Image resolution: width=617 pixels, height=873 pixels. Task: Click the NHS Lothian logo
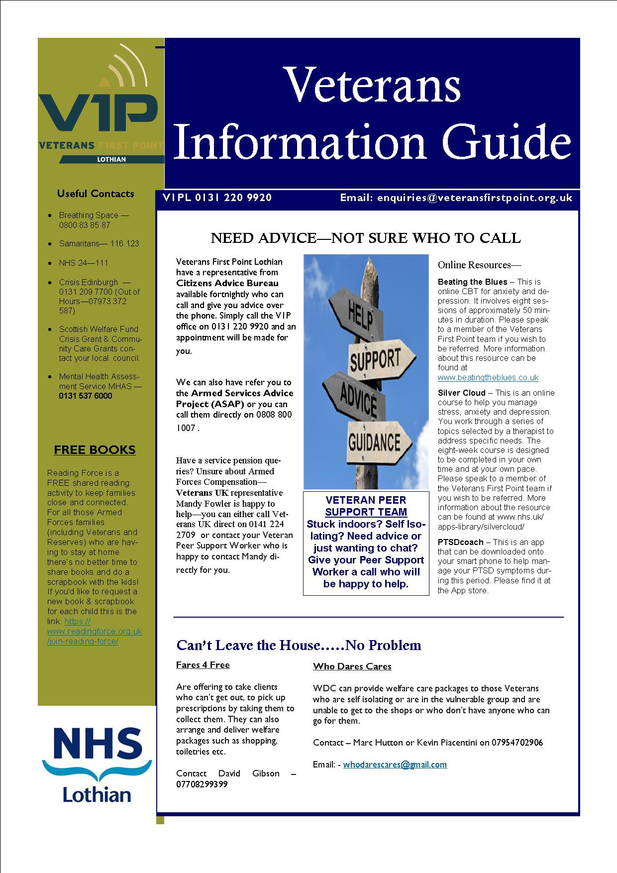pyautogui.click(x=97, y=764)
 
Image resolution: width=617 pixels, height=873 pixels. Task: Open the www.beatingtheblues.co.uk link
pyautogui.click(x=488, y=377)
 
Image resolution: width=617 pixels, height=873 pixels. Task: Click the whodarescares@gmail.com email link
pyautogui.click(x=395, y=764)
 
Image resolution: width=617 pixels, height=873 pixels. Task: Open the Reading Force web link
pyautogui.click(x=95, y=631)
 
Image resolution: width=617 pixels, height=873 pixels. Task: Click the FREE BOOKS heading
pyautogui.click(x=95, y=449)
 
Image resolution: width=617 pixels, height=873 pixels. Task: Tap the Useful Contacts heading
pyautogui.click(x=96, y=194)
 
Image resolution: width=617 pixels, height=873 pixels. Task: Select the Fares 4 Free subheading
pyautogui.click(x=203, y=665)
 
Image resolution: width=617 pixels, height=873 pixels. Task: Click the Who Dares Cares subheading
pyautogui.click(x=352, y=666)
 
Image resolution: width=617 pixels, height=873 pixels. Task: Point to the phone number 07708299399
pyautogui.click(x=202, y=784)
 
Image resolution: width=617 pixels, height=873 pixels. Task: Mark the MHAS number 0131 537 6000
pyautogui.click(x=86, y=396)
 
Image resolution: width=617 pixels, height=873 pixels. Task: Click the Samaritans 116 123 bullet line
pyautogui.click(x=99, y=243)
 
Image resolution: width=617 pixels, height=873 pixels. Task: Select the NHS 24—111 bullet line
pyautogui.click(x=83, y=263)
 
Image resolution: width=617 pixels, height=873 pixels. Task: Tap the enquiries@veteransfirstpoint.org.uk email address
pyautogui.click(x=474, y=198)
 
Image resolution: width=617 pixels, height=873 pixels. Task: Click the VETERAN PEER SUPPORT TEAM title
pyautogui.click(x=366, y=506)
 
